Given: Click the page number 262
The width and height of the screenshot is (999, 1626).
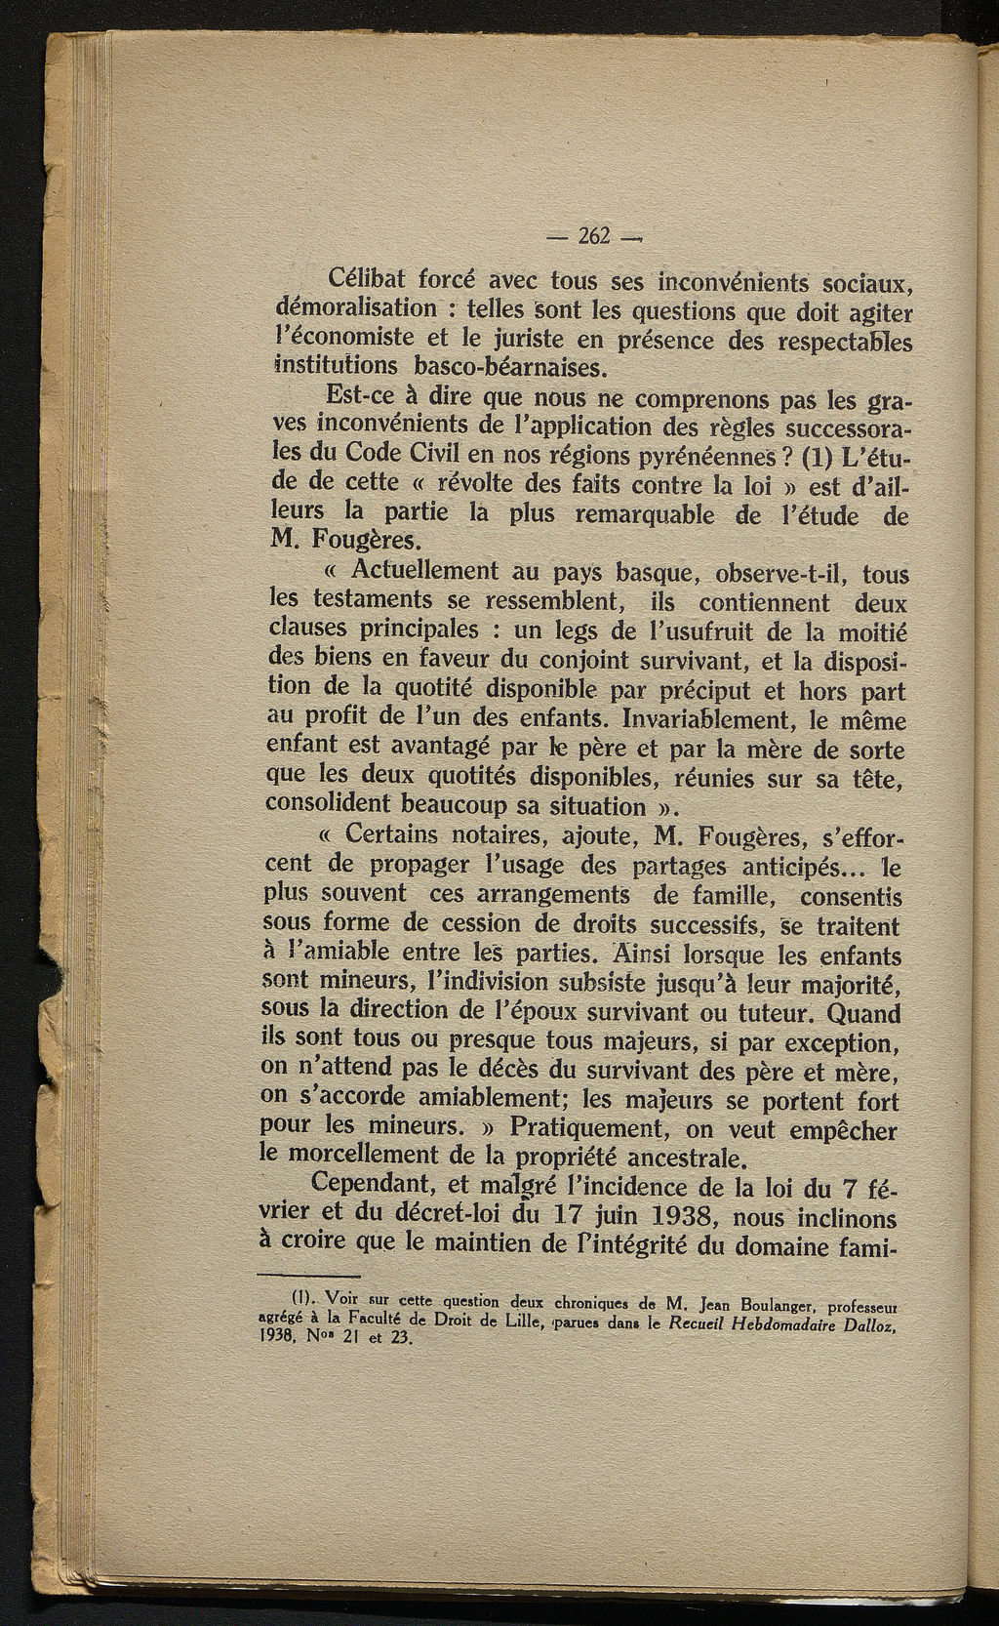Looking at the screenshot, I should tap(594, 236).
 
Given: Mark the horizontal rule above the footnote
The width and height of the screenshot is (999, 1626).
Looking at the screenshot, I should tap(309, 1276).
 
